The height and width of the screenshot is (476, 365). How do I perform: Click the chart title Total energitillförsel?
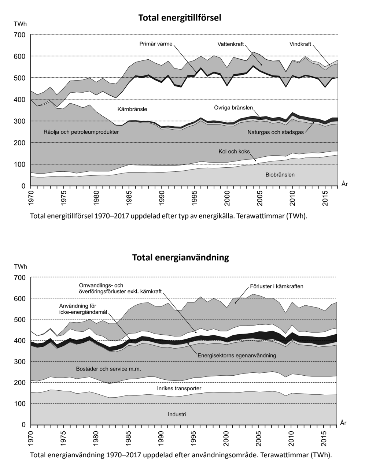(x=180, y=18)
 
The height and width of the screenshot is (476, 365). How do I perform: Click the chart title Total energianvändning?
(x=180, y=257)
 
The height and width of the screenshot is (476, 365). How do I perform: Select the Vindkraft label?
(x=300, y=44)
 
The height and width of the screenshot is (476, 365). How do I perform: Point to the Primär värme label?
(x=156, y=44)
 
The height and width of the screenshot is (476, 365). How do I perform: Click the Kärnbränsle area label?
(x=132, y=109)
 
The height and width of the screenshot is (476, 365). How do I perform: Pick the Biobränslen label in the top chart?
(x=280, y=175)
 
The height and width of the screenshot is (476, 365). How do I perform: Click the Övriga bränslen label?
(x=233, y=108)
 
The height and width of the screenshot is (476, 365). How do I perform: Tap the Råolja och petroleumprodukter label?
(x=81, y=132)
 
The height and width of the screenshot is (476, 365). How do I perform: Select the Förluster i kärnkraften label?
(x=276, y=286)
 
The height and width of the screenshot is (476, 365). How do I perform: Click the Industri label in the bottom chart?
(x=177, y=414)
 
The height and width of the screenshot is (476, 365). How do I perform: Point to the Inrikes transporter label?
(x=179, y=388)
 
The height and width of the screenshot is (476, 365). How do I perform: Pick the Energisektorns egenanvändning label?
(x=237, y=355)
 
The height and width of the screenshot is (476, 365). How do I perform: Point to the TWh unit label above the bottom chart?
(x=20, y=267)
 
